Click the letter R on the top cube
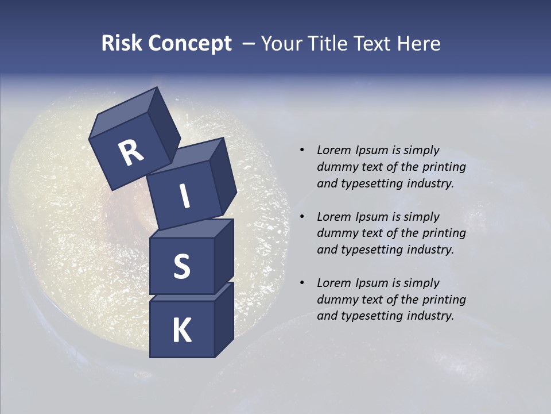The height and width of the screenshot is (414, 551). click(x=131, y=153)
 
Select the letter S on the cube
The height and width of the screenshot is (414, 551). click(x=181, y=266)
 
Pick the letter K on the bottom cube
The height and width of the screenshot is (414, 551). click(x=181, y=331)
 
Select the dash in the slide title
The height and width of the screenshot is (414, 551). click(x=249, y=44)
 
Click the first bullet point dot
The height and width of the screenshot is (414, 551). click(x=302, y=150)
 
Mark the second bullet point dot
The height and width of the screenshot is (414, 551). click(x=302, y=217)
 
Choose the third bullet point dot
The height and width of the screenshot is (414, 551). click(x=302, y=283)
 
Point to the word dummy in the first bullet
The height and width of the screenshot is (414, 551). click(x=335, y=167)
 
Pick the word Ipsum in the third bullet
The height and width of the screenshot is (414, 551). click(x=373, y=283)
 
